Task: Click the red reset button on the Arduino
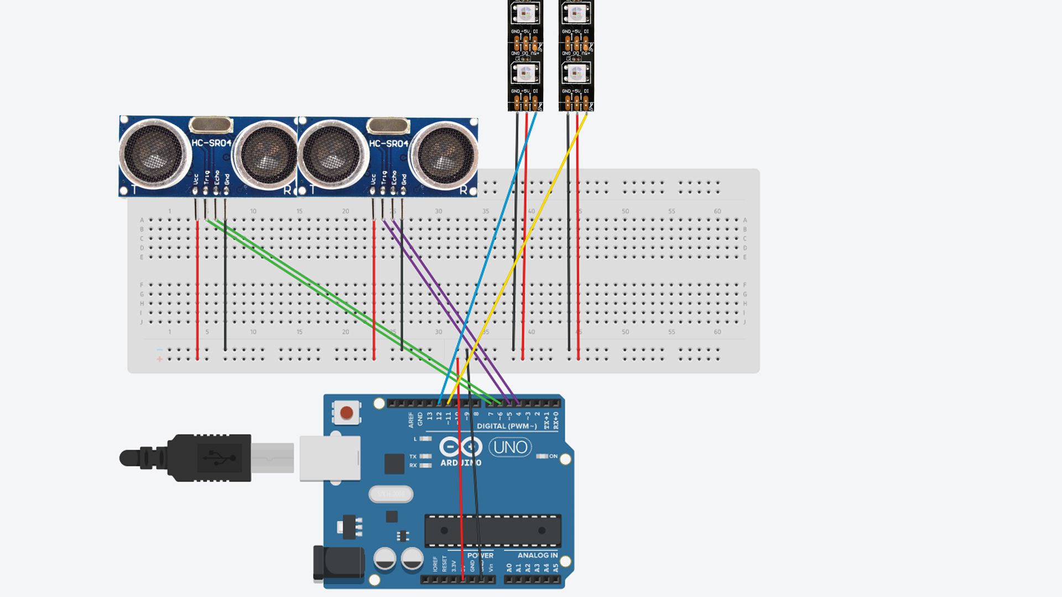[x=347, y=413]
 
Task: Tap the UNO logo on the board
[x=510, y=447]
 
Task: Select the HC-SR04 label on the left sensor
[x=211, y=143]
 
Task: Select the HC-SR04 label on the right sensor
[x=388, y=144]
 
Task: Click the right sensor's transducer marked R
[x=444, y=153]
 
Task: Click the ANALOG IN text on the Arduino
[x=537, y=555]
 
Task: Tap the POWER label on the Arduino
[x=480, y=555]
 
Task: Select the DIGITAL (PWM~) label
[x=507, y=426]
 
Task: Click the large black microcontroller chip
[x=492, y=531]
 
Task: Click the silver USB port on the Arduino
[x=330, y=458]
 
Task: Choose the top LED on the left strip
[x=525, y=13]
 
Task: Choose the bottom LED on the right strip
[x=576, y=73]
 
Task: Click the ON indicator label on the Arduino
[x=553, y=456]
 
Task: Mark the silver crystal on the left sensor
[x=211, y=125]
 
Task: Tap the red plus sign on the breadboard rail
[x=160, y=359]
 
